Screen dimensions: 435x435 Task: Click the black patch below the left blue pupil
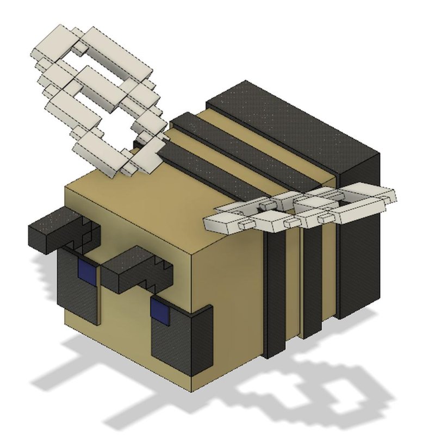pos(79,296)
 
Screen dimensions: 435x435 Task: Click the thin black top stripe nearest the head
pos(217,169)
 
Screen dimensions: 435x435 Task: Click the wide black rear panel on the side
pos(356,245)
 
